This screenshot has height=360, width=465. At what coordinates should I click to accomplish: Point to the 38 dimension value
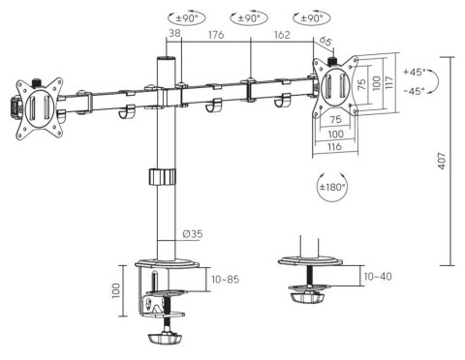(x=174, y=34)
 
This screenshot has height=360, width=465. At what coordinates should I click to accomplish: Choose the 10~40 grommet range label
(x=378, y=277)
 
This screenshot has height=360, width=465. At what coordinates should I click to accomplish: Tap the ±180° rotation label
(x=333, y=185)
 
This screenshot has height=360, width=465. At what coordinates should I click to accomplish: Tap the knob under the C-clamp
(x=163, y=341)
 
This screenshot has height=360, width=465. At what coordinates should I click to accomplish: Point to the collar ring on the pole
(x=161, y=177)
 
